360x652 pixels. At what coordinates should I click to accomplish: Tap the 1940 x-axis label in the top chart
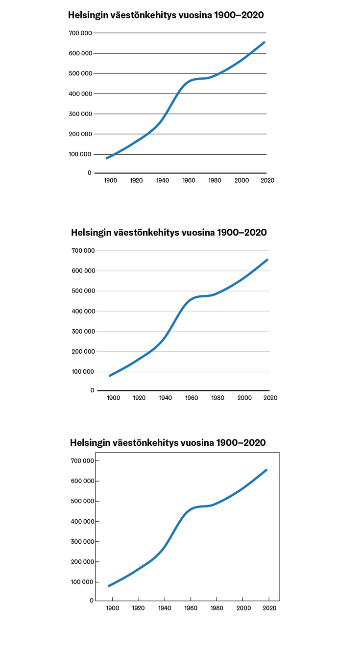pos(163,180)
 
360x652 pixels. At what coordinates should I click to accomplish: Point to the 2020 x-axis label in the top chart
pos(267,180)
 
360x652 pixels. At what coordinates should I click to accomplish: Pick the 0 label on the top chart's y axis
pos(90,173)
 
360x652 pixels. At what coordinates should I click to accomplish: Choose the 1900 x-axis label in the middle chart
pos(114,398)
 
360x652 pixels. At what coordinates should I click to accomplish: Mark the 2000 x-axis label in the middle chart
pos(244,398)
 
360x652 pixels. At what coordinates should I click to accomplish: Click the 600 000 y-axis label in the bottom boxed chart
pos(81,481)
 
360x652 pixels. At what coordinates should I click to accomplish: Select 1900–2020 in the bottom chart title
pos(240,443)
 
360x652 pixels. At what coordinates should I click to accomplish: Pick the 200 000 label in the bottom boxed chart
pos(81,562)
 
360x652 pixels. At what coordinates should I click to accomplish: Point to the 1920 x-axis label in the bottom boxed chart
pos(139,608)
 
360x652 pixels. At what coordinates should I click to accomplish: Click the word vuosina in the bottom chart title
pos(196,443)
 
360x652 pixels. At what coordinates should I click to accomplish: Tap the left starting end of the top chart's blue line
pos(107,158)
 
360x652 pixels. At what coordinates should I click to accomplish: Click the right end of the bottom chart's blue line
pos(266,470)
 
